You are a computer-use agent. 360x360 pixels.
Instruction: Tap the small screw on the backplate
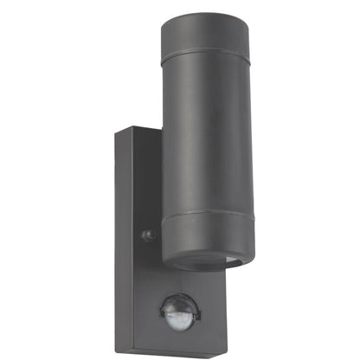148,235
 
